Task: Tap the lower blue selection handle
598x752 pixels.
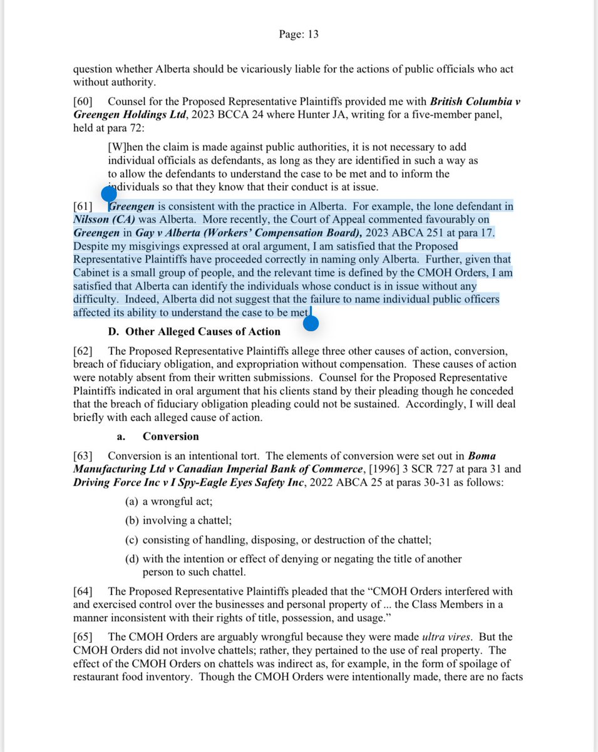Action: (x=310, y=323)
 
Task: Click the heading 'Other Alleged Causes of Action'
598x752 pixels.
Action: (x=203, y=332)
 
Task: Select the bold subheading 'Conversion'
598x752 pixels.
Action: (x=171, y=436)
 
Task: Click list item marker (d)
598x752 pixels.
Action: (x=132, y=559)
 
